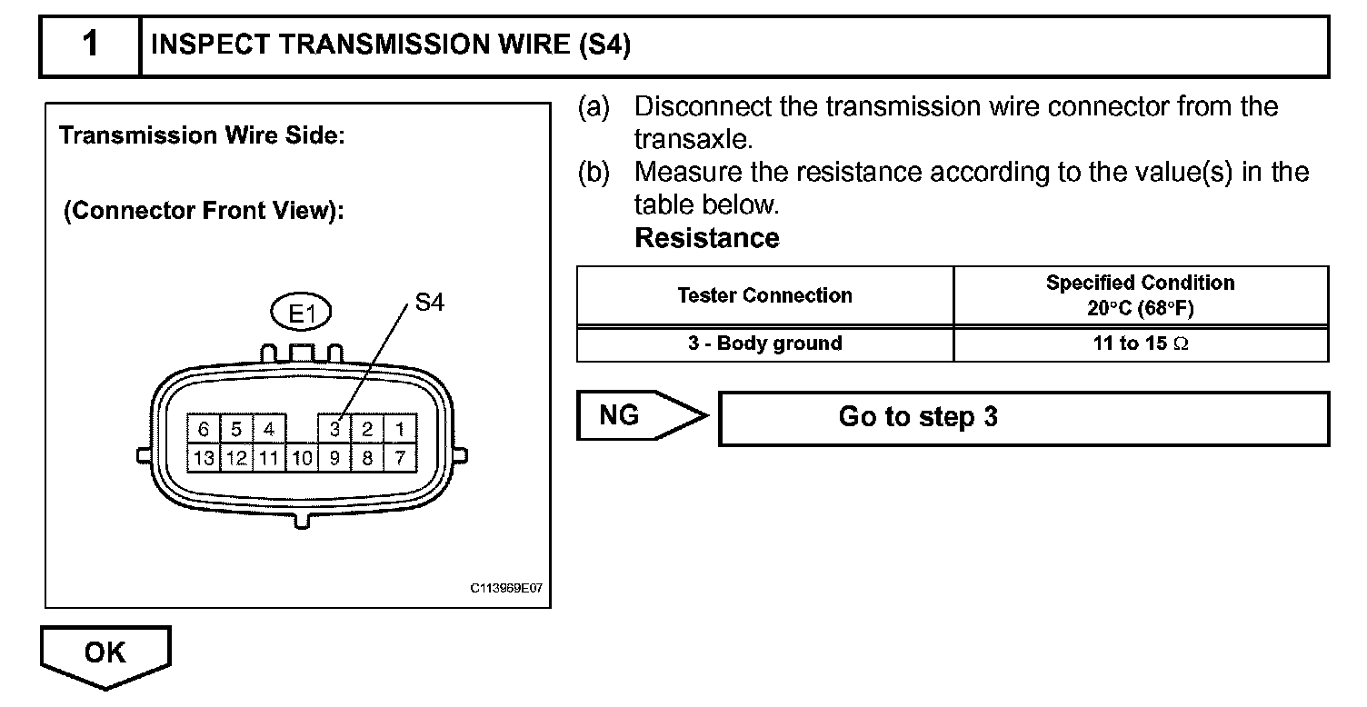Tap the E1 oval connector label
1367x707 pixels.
tap(302, 314)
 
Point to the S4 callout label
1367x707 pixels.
tap(429, 304)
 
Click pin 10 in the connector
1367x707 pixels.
tap(302, 458)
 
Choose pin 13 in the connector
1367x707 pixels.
tap(204, 458)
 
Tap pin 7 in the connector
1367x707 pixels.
tap(399, 458)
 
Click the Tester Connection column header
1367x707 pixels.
tap(764, 295)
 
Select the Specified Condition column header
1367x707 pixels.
tap(1140, 295)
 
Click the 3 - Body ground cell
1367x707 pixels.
tap(764, 344)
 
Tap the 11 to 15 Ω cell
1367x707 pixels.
tap(1140, 344)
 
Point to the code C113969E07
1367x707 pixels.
tap(506, 588)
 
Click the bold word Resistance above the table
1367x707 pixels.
tap(706, 238)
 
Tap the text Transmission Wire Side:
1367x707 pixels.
tap(201, 136)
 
